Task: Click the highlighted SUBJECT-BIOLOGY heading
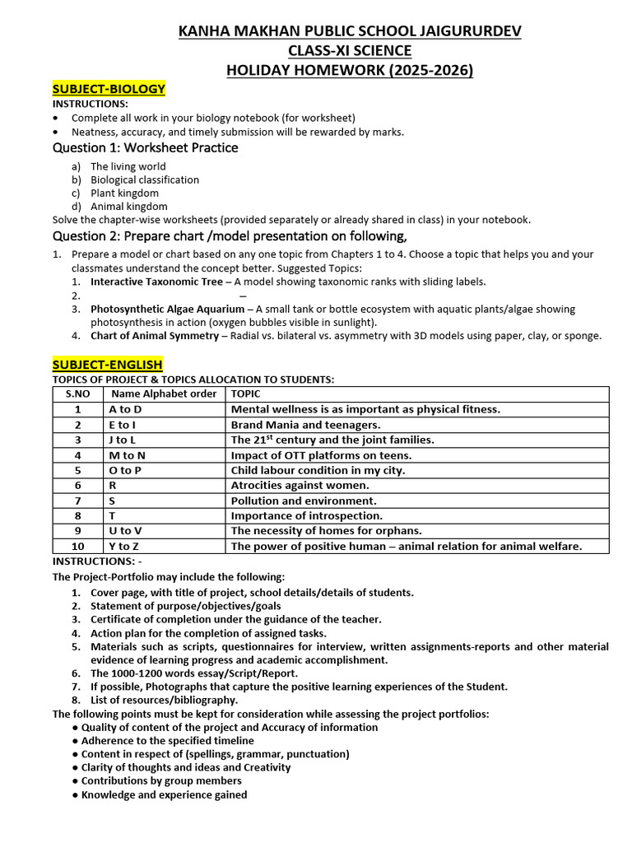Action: coord(109,89)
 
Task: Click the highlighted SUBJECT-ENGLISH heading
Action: coord(107,364)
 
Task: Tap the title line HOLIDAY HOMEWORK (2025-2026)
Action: coord(350,71)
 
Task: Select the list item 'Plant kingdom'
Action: coord(124,193)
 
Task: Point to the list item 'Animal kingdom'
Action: coord(128,207)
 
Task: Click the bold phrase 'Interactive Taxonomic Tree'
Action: coord(156,282)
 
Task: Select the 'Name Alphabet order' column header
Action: coord(164,394)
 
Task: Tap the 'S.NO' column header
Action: coord(77,394)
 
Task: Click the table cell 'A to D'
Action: coord(125,409)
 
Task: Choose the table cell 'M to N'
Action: coord(127,455)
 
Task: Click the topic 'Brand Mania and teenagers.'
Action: coord(305,425)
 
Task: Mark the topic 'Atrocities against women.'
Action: coord(301,486)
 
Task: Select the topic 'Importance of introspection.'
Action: coord(306,516)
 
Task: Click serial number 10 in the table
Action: coord(77,547)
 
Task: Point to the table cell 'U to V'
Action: coord(125,531)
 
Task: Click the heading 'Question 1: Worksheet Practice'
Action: coord(146,148)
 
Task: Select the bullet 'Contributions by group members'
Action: coord(161,780)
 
